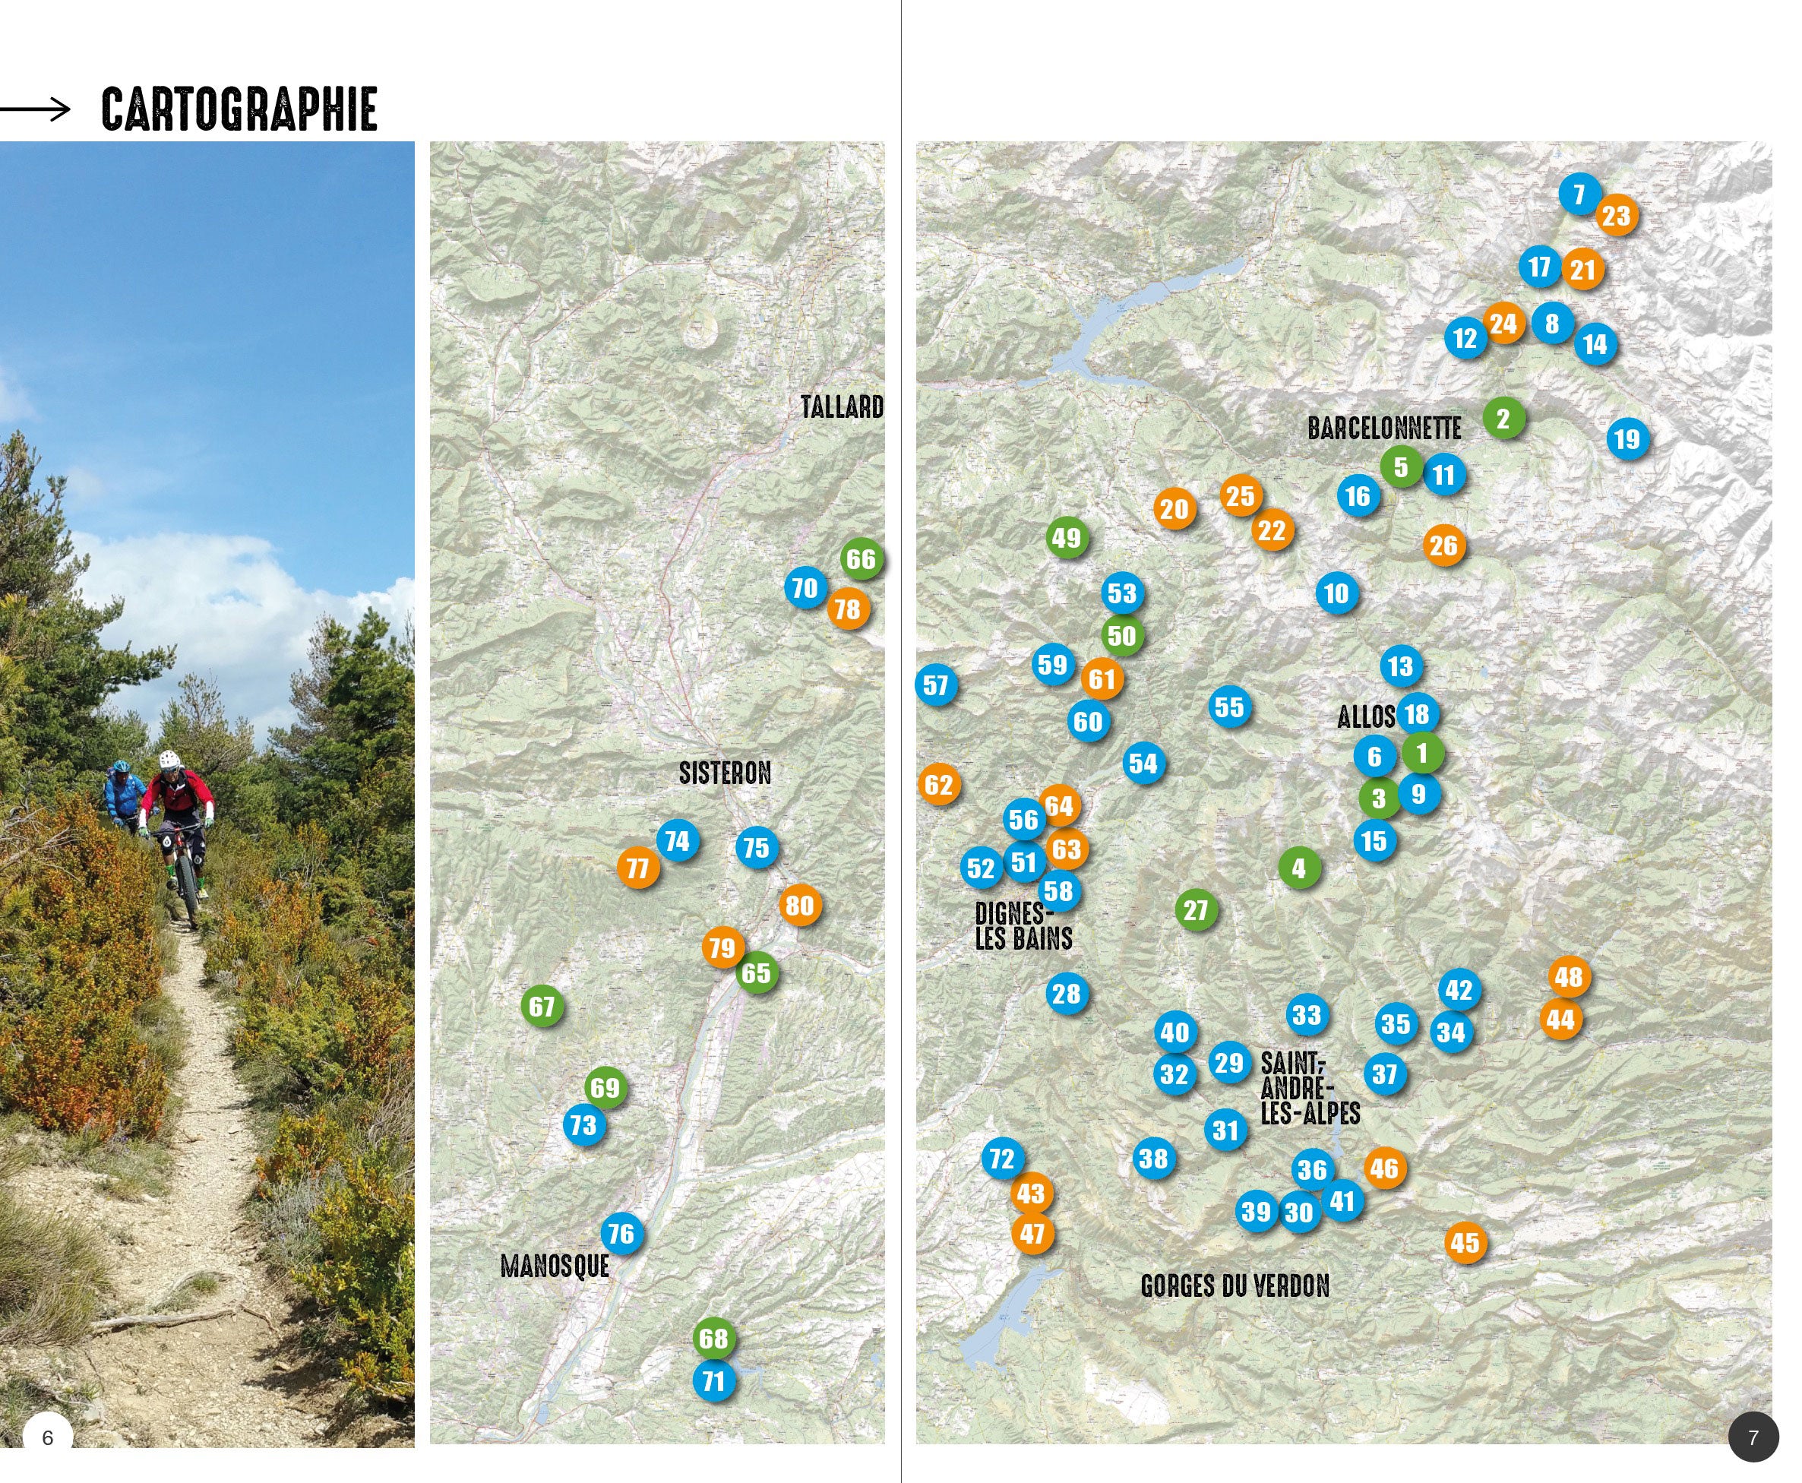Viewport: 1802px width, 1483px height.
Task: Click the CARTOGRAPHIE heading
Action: coord(239,109)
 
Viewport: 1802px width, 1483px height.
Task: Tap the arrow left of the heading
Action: coord(35,109)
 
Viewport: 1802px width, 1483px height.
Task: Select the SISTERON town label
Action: coord(724,773)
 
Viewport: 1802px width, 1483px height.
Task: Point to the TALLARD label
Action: coord(841,406)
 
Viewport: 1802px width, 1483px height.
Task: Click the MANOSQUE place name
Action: coord(555,1266)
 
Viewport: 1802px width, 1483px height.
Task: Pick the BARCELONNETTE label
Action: coord(1383,428)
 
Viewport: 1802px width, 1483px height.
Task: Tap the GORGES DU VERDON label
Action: coord(1235,1285)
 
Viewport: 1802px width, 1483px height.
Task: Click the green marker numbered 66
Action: coord(861,559)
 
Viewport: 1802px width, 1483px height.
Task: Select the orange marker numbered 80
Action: coord(799,906)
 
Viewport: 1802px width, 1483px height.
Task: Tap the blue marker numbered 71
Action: coord(714,1380)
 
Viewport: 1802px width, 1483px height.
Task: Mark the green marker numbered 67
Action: coord(542,1007)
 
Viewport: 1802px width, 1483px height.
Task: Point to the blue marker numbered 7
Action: coord(1579,194)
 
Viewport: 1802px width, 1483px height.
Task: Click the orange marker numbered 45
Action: coord(1465,1242)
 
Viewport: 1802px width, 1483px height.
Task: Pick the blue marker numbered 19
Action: coord(1627,439)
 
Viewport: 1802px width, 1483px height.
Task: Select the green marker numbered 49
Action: coord(1066,538)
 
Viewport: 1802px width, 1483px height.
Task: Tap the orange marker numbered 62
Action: coord(938,784)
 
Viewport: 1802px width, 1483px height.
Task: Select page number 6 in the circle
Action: coord(48,1437)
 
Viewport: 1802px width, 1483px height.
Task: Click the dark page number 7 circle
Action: coord(1753,1437)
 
